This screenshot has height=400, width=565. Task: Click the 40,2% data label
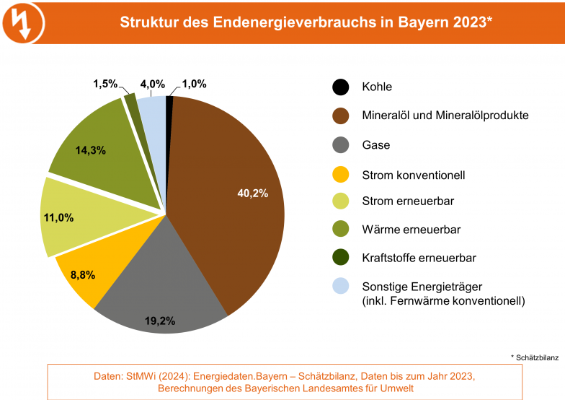(x=253, y=193)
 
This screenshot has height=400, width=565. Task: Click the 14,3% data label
(x=91, y=150)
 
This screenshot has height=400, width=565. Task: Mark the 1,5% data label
(x=105, y=84)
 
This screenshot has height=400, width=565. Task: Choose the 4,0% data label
(x=152, y=84)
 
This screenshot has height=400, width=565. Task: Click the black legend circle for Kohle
(x=341, y=87)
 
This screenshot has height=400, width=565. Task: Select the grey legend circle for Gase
(x=341, y=145)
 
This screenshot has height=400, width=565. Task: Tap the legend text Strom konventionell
(x=414, y=175)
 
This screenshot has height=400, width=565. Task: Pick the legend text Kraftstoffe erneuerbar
(x=419, y=258)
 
